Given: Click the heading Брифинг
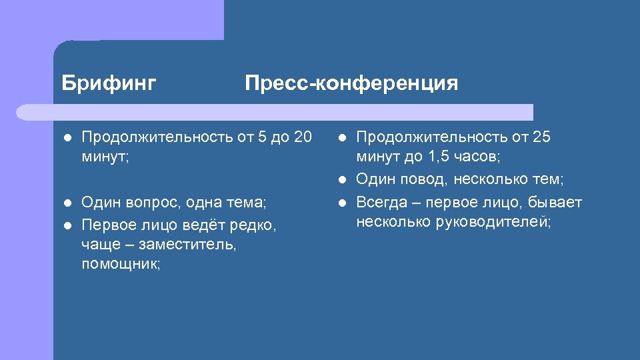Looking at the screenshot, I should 109,83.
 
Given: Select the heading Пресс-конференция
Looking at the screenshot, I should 351,83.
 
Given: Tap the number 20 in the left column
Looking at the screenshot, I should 302,137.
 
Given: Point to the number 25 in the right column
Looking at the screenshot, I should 541,137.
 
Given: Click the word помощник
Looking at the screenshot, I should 120,265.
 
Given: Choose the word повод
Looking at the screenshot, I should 417,179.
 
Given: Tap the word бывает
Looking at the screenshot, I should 555,203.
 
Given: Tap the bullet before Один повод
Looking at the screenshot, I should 342,179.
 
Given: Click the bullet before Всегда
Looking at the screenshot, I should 342,203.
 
